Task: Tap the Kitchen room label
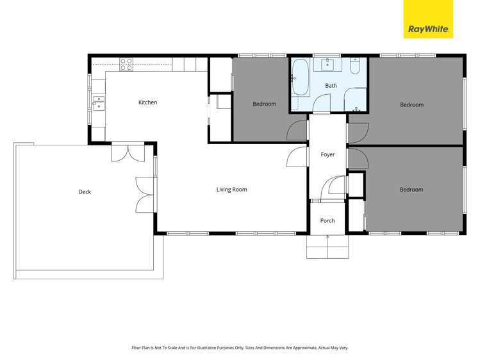pos(147,102)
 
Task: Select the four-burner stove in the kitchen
pos(126,63)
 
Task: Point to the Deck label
pos(85,192)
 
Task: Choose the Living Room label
pos(231,190)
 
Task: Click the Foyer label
pos(327,154)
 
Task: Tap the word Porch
pos(327,221)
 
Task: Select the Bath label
pos(331,85)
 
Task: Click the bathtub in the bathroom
pos(300,76)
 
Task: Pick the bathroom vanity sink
pos(329,63)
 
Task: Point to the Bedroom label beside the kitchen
pos(264,104)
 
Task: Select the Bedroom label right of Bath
pos(411,104)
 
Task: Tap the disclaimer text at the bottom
pos(240,347)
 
